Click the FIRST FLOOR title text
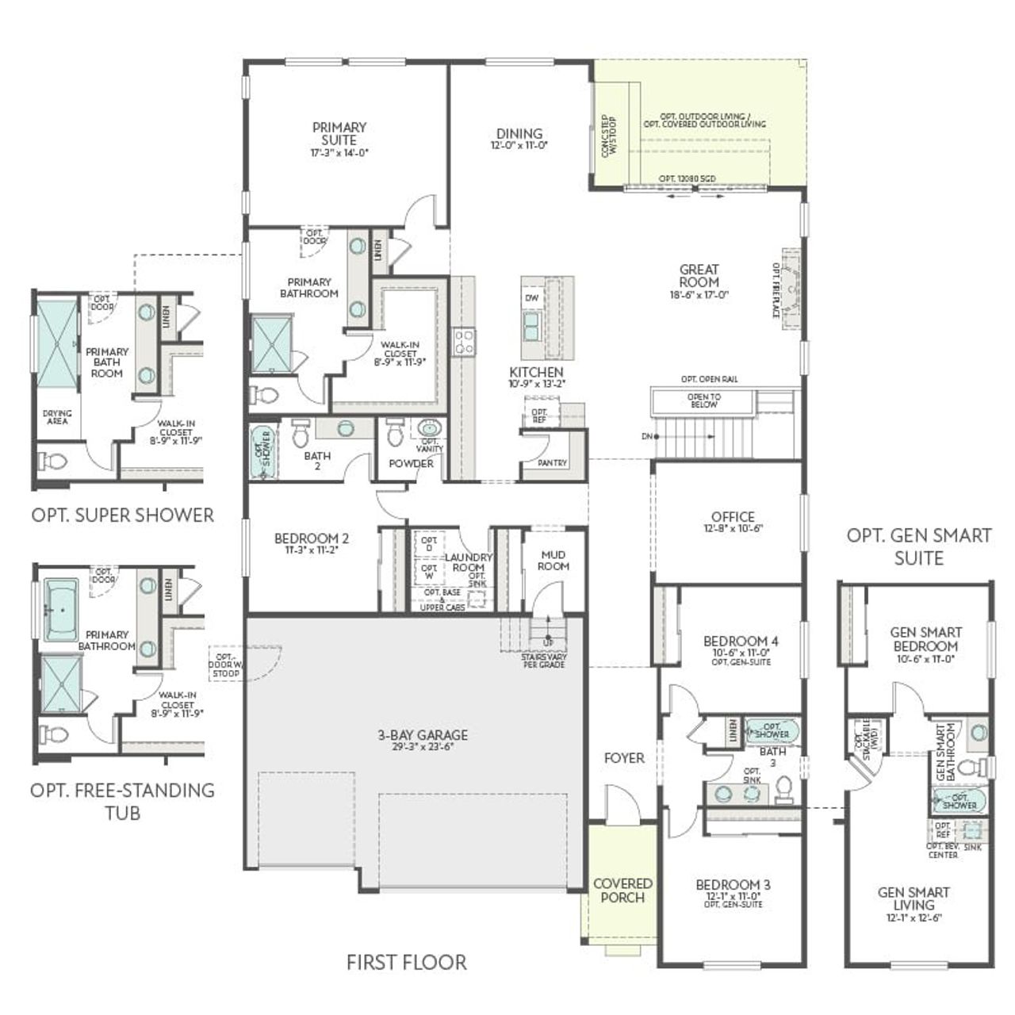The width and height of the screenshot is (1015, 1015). [x=406, y=962]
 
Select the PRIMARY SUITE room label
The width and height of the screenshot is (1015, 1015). [x=339, y=133]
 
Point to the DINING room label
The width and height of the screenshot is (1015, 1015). [x=519, y=134]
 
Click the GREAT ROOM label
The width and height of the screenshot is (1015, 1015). [x=699, y=275]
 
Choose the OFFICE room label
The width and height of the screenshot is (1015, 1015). [x=733, y=516]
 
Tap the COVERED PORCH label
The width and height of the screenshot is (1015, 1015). [x=622, y=891]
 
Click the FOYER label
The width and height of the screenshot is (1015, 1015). [x=624, y=758]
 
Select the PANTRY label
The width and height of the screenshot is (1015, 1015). [x=552, y=462]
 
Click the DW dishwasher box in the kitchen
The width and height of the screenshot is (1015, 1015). [x=531, y=297]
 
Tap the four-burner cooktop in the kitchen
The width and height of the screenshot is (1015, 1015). [x=464, y=342]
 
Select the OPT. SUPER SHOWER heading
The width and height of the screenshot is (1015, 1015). [x=123, y=515]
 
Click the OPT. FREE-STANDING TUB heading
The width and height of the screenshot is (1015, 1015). [x=122, y=801]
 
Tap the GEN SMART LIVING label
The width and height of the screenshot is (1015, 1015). [x=913, y=898]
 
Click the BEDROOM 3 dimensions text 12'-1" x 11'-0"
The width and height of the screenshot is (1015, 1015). [x=733, y=897]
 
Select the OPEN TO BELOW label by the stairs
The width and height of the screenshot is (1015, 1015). [x=703, y=400]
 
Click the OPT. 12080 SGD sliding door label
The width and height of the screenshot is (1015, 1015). [x=687, y=179]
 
